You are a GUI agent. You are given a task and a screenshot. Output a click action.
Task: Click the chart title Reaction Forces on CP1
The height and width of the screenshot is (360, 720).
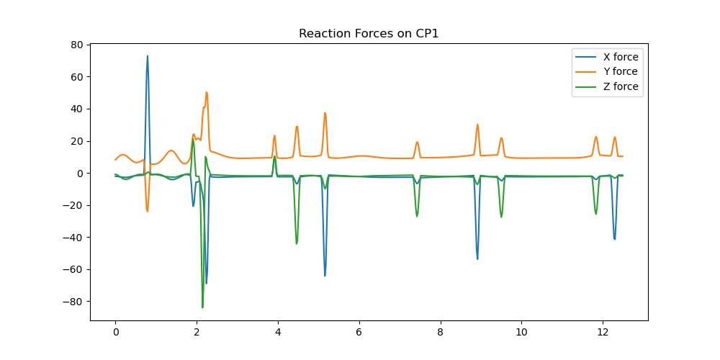pyautogui.click(x=369, y=34)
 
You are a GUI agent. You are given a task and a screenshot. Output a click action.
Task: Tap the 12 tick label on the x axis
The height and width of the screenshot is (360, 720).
pyautogui.click(x=602, y=333)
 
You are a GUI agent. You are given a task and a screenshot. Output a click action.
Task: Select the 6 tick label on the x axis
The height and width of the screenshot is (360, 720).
pyautogui.click(x=359, y=333)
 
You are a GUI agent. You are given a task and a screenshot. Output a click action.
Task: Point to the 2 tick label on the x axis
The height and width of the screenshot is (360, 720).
pyautogui.click(x=197, y=333)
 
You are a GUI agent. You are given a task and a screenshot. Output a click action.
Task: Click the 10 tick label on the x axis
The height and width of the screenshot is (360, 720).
pyautogui.click(x=521, y=333)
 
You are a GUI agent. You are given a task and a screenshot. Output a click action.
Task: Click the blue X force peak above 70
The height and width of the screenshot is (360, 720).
pyautogui.click(x=148, y=56)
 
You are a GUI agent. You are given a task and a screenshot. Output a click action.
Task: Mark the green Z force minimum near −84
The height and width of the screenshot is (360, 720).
pyautogui.click(x=202, y=307)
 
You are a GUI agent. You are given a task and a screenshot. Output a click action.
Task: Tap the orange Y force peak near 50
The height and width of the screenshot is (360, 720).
pyautogui.click(x=206, y=92)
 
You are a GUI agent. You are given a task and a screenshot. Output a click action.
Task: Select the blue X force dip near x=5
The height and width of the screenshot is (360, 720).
pyautogui.click(x=325, y=276)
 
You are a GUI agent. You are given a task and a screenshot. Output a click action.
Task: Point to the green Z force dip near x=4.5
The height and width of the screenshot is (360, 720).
pyautogui.click(x=297, y=243)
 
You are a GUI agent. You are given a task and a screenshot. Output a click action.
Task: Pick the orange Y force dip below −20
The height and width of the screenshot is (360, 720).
pyautogui.click(x=147, y=211)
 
